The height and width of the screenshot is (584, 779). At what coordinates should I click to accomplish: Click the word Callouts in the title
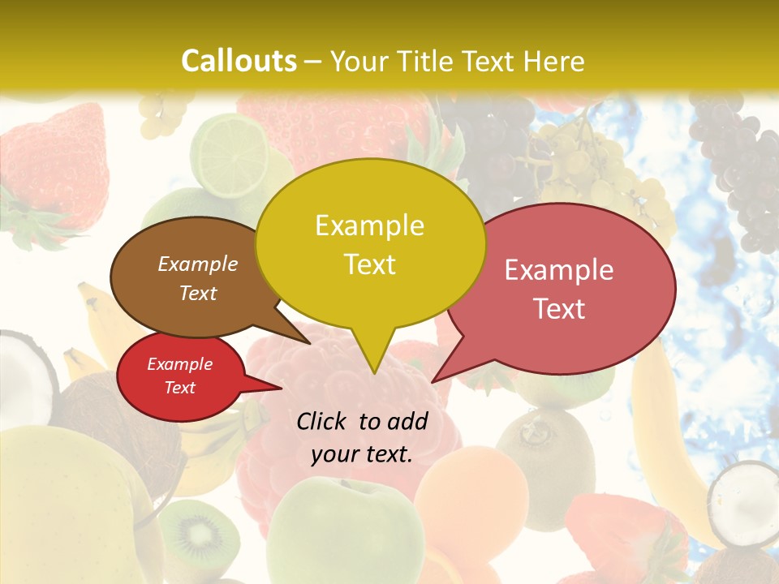(239, 61)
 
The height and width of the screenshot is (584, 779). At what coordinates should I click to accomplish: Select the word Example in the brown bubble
(197, 264)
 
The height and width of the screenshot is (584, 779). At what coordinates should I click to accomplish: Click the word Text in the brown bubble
(197, 293)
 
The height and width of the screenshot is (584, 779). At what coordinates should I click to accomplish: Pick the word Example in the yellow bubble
(369, 225)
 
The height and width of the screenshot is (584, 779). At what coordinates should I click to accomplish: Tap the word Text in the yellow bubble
(369, 264)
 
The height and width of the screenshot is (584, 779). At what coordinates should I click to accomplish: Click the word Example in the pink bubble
(559, 270)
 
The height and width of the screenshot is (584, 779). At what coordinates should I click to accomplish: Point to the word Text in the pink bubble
(559, 309)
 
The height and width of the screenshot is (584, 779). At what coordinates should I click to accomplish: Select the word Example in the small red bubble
(179, 364)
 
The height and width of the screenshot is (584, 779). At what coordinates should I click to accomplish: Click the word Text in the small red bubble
(179, 388)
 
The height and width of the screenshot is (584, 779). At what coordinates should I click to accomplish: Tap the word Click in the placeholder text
(324, 421)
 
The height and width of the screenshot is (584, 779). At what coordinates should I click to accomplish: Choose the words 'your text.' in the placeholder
(362, 455)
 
